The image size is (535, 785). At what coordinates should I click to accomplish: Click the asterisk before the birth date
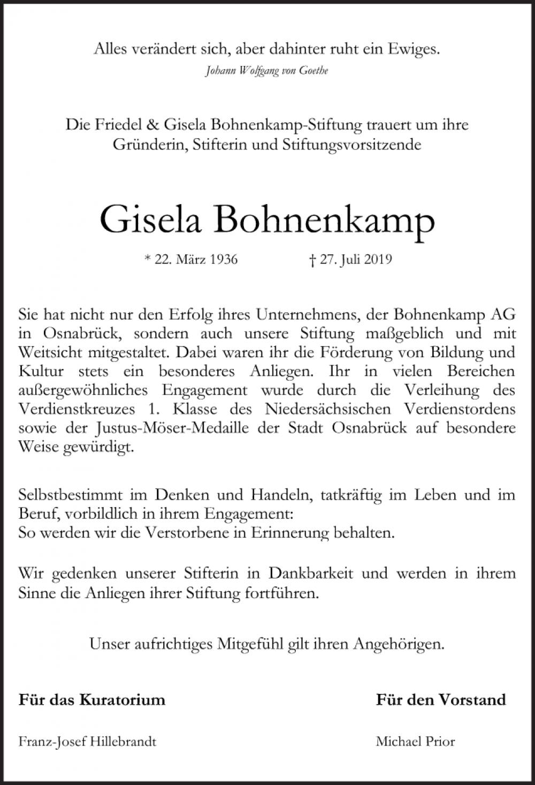pos(148,260)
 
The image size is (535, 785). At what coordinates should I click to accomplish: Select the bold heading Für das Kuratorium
pos(91,699)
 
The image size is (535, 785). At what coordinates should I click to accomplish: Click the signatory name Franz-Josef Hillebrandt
pos(87,742)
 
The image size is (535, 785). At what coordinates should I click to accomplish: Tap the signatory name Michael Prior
pos(415,742)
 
